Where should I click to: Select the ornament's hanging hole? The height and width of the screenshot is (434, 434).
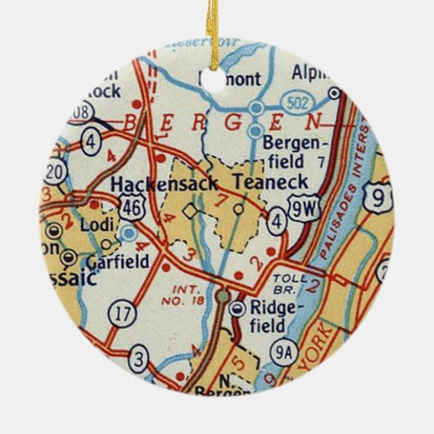[215, 78]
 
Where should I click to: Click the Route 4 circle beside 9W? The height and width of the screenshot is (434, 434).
[278, 219]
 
